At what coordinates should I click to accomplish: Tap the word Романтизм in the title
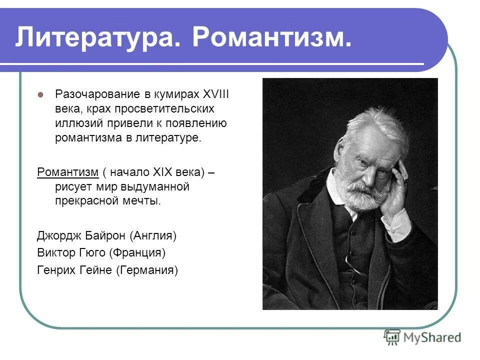click(270, 38)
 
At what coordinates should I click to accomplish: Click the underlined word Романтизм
click(68, 173)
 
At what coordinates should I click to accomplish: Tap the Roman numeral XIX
click(160, 173)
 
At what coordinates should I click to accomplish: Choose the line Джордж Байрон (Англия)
click(107, 235)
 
